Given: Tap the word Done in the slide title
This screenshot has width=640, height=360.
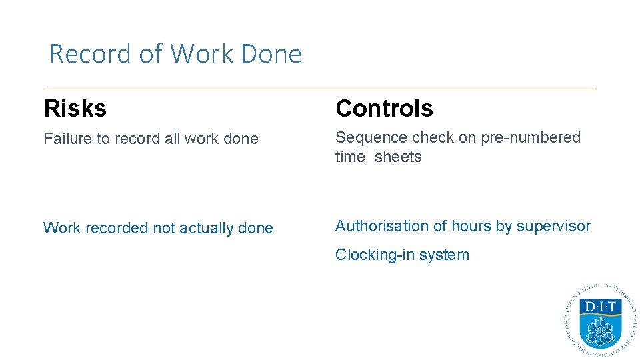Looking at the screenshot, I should coord(271,54).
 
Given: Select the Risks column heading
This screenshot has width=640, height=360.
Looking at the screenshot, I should coord(75,108).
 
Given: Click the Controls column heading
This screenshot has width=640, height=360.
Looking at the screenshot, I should coord(384,108).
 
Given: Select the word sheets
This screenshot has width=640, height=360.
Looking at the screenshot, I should coord(398,157).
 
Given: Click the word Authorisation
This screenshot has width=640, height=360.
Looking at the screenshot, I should coord(382,226).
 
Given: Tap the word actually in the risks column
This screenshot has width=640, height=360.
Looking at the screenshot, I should coord(207,228).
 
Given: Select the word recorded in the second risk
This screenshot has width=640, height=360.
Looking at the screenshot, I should coord(118,228).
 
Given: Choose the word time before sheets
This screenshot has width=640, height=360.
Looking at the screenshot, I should coord(350,157).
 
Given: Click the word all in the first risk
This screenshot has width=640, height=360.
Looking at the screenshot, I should coord(173,139).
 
